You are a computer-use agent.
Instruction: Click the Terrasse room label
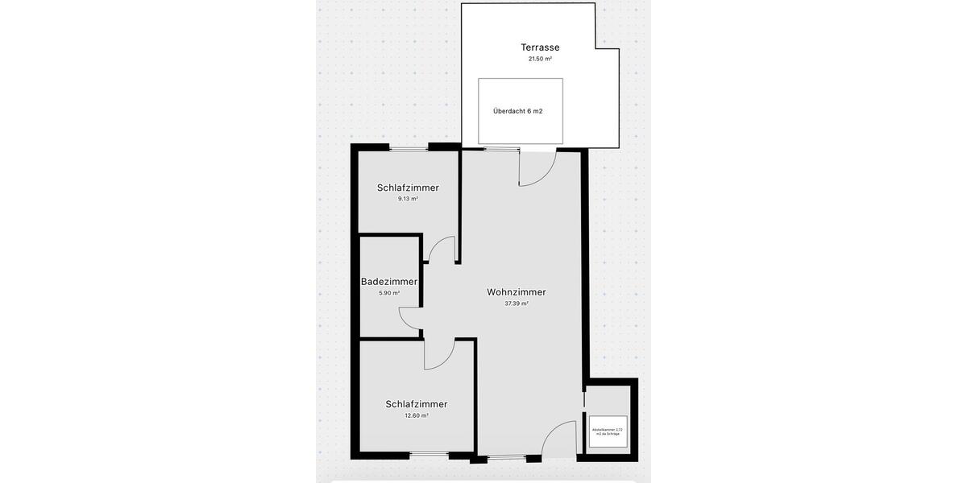(x=540, y=47)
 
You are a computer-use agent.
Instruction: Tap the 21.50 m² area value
(x=540, y=60)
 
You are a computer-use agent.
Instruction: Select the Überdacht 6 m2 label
(x=517, y=111)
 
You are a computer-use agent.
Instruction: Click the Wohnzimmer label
(x=517, y=292)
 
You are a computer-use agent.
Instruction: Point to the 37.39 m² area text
(x=517, y=304)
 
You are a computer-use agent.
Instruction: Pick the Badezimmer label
(x=389, y=282)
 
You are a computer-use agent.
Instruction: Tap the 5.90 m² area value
(x=389, y=293)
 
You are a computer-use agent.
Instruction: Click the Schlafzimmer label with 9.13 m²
(x=408, y=188)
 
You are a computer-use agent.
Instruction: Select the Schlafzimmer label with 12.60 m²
(x=417, y=404)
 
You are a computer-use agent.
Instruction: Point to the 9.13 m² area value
(x=408, y=199)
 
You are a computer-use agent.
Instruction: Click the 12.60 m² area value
(x=417, y=416)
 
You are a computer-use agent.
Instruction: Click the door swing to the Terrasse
(x=535, y=168)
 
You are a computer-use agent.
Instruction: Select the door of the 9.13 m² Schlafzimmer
(x=442, y=250)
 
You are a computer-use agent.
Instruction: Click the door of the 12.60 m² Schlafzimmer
(x=440, y=353)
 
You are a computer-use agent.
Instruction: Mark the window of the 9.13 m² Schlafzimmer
(x=409, y=148)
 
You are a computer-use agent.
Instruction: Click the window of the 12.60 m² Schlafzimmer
(x=430, y=456)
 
